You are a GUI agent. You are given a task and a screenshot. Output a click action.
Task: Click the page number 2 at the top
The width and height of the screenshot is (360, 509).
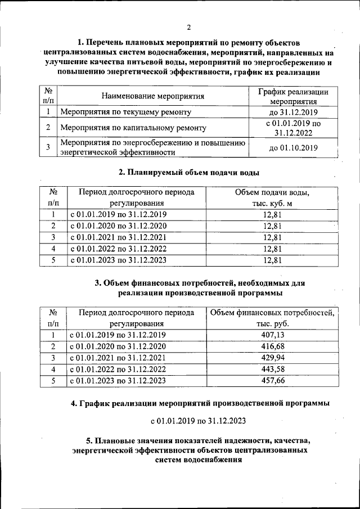tap(190, 28)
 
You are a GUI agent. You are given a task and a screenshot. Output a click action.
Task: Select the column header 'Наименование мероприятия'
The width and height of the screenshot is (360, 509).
tap(152, 96)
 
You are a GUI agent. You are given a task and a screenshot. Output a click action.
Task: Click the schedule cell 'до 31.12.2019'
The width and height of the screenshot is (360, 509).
tap(293, 112)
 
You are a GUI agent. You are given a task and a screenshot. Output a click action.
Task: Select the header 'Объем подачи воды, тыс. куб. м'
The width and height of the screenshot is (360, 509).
tap(272, 197)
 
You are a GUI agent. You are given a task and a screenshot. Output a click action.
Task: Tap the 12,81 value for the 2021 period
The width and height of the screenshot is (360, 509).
tap(272, 237)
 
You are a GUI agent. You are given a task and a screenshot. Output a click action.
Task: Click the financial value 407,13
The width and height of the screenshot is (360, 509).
tap(272, 335)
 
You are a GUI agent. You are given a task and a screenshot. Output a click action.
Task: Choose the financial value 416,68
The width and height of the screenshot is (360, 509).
tap(272, 346)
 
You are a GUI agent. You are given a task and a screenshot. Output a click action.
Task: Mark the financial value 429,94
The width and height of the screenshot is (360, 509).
tap(272, 358)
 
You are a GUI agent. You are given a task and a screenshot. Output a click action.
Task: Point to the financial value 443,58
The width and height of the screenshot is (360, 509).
tap(272, 369)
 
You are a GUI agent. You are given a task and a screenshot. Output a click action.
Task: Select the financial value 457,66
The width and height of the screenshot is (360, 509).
tap(272, 381)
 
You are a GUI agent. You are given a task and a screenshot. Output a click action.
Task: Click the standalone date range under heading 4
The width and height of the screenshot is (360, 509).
tap(198, 421)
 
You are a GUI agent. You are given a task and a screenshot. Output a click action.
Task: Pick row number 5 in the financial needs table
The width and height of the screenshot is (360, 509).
tap(53, 381)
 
